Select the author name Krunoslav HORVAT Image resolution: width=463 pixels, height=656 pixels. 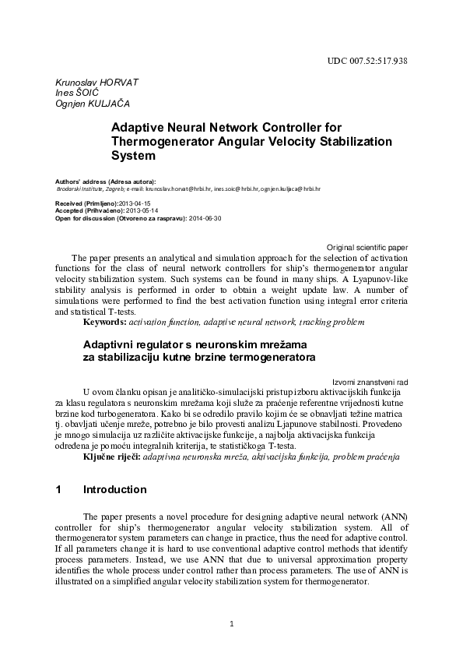coord(86,82)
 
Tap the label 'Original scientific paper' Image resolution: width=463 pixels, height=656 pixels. coord(367,246)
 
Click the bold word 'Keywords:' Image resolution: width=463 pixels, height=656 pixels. coord(104,321)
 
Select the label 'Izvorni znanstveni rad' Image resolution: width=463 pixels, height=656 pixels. coord(370,382)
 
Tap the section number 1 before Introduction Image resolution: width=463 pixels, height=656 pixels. coord(58,490)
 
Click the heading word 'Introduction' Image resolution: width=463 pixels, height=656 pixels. coord(114,490)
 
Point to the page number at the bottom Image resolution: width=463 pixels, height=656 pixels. coord(231,623)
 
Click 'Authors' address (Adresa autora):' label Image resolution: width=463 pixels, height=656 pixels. coord(106,181)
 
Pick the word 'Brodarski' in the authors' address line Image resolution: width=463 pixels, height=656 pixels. coord(72,189)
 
